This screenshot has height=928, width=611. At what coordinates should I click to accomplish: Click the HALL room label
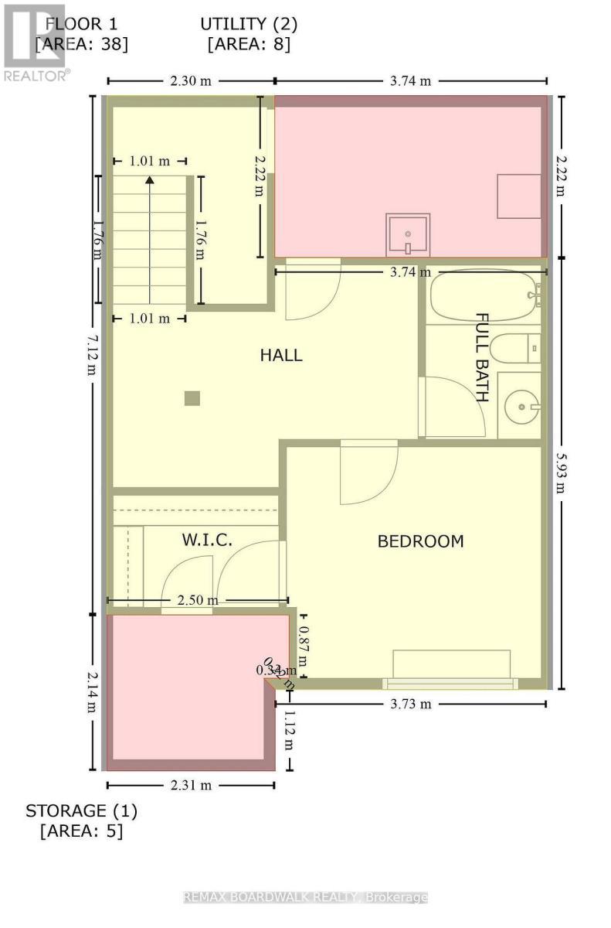[x=280, y=356]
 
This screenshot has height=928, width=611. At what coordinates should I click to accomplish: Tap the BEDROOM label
[x=420, y=541]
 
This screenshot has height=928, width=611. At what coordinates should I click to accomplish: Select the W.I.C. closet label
[x=207, y=540]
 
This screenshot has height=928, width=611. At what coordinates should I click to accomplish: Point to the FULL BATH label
[x=482, y=357]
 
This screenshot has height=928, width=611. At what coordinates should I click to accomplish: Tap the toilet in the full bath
[x=514, y=348]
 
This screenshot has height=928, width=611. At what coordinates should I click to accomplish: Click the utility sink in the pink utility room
[x=407, y=234]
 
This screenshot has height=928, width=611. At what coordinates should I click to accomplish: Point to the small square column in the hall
[x=192, y=398]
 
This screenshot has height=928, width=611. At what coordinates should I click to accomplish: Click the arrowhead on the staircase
[x=150, y=180]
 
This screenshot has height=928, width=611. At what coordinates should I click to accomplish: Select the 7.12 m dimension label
[x=92, y=355]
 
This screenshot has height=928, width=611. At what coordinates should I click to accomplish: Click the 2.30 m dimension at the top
[x=190, y=80]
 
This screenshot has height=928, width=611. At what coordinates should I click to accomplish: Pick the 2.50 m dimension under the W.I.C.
[x=197, y=600]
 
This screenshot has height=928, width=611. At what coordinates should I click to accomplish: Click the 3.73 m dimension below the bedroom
[x=410, y=704]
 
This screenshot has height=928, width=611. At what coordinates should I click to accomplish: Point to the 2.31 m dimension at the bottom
[x=191, y=785]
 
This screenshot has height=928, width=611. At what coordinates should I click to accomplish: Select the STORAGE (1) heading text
[x=81, y=811]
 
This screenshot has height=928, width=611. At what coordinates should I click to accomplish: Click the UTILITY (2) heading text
[x=249, y=25]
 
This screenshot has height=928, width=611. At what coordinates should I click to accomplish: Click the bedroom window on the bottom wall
[x=450, y=684]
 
